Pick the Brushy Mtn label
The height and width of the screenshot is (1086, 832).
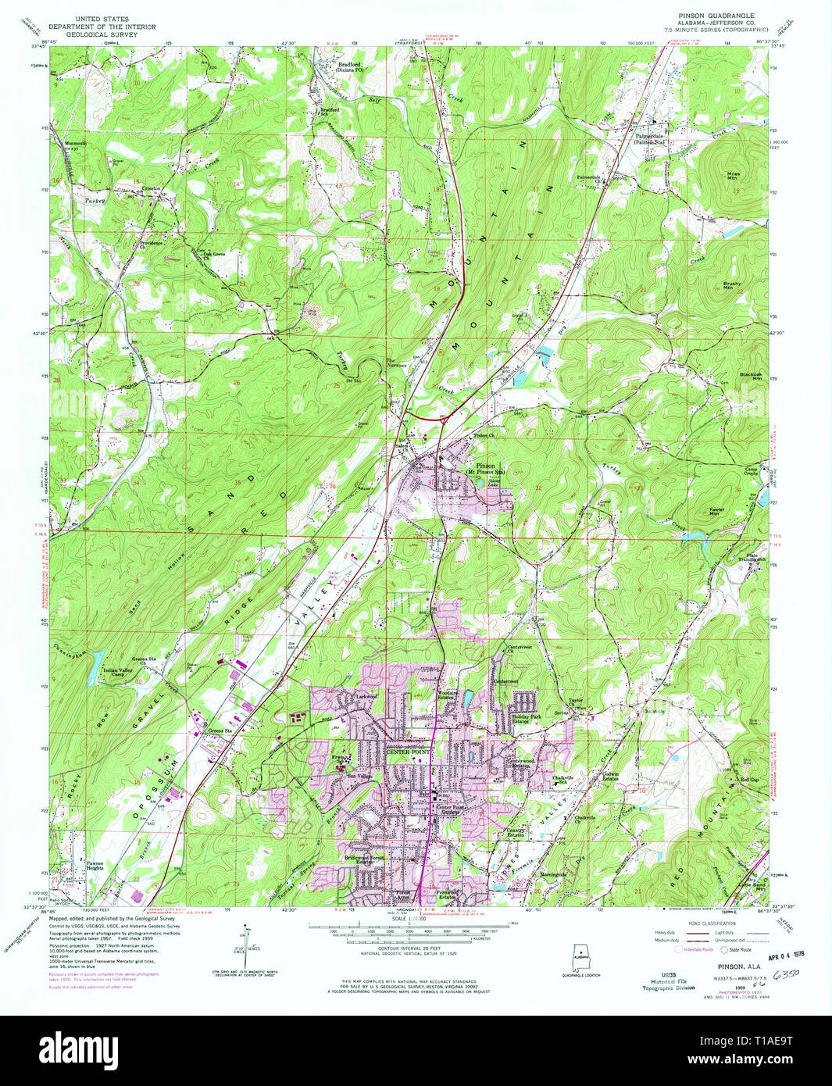732,285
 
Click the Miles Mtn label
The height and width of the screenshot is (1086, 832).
733,176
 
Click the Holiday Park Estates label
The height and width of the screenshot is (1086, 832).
525,720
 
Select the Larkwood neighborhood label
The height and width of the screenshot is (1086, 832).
366,695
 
